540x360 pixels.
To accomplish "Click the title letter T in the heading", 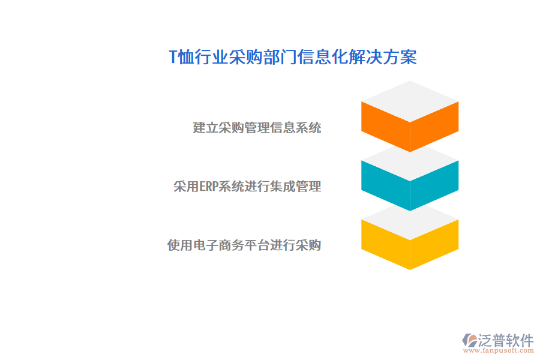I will point(173,58).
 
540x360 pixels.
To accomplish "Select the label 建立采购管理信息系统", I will point(257,128).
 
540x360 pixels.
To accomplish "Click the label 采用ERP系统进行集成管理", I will point(247,187).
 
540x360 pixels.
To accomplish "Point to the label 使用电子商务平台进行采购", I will point(244,245).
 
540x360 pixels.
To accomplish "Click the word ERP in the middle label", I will point(208,187).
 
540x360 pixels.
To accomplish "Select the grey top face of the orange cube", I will point(410,101).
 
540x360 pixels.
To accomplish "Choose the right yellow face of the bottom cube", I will point(434,242).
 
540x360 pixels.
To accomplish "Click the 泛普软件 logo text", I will point(505,340).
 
